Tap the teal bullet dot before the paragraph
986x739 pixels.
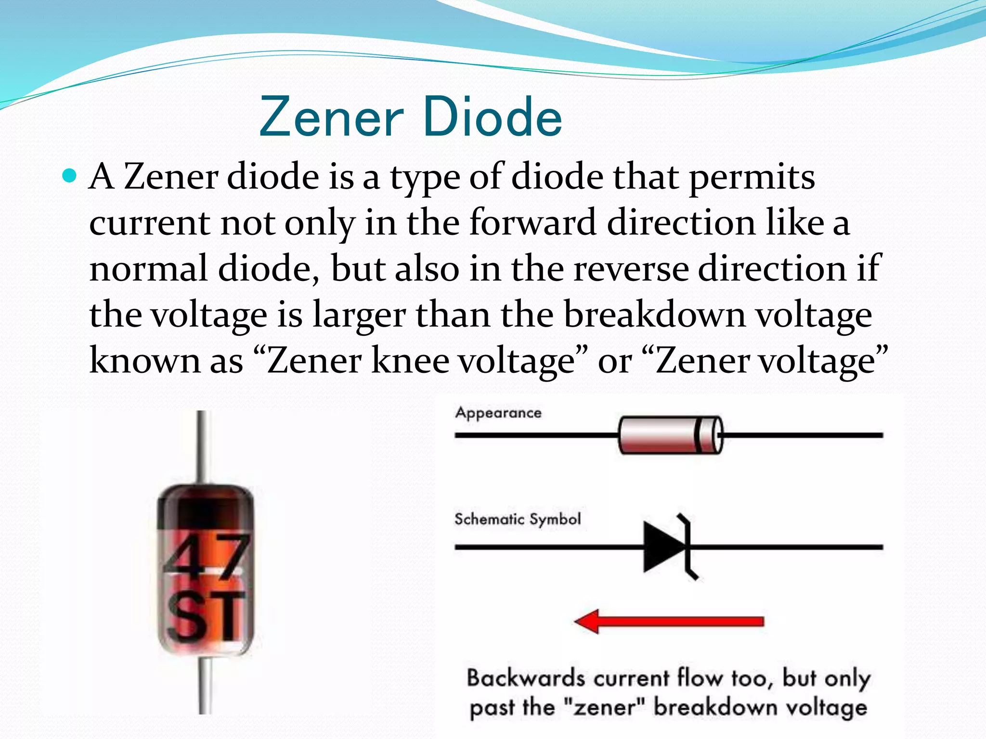point(70,177)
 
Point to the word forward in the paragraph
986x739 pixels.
point(532,223)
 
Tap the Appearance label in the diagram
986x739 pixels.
point(498,413)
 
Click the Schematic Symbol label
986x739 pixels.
point(518,519)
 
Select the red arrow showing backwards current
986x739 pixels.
point(669,622)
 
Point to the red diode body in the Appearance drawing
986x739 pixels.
point(658,435)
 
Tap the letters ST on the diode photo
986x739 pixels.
point(206,617)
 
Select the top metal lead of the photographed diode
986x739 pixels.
point(202,445)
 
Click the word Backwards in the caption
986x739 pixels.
point(525,678)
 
